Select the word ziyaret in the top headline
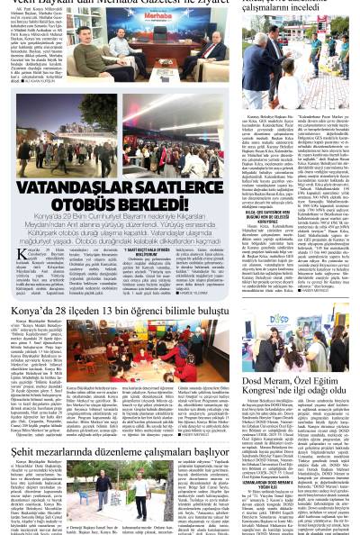click(x=203, y=5)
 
